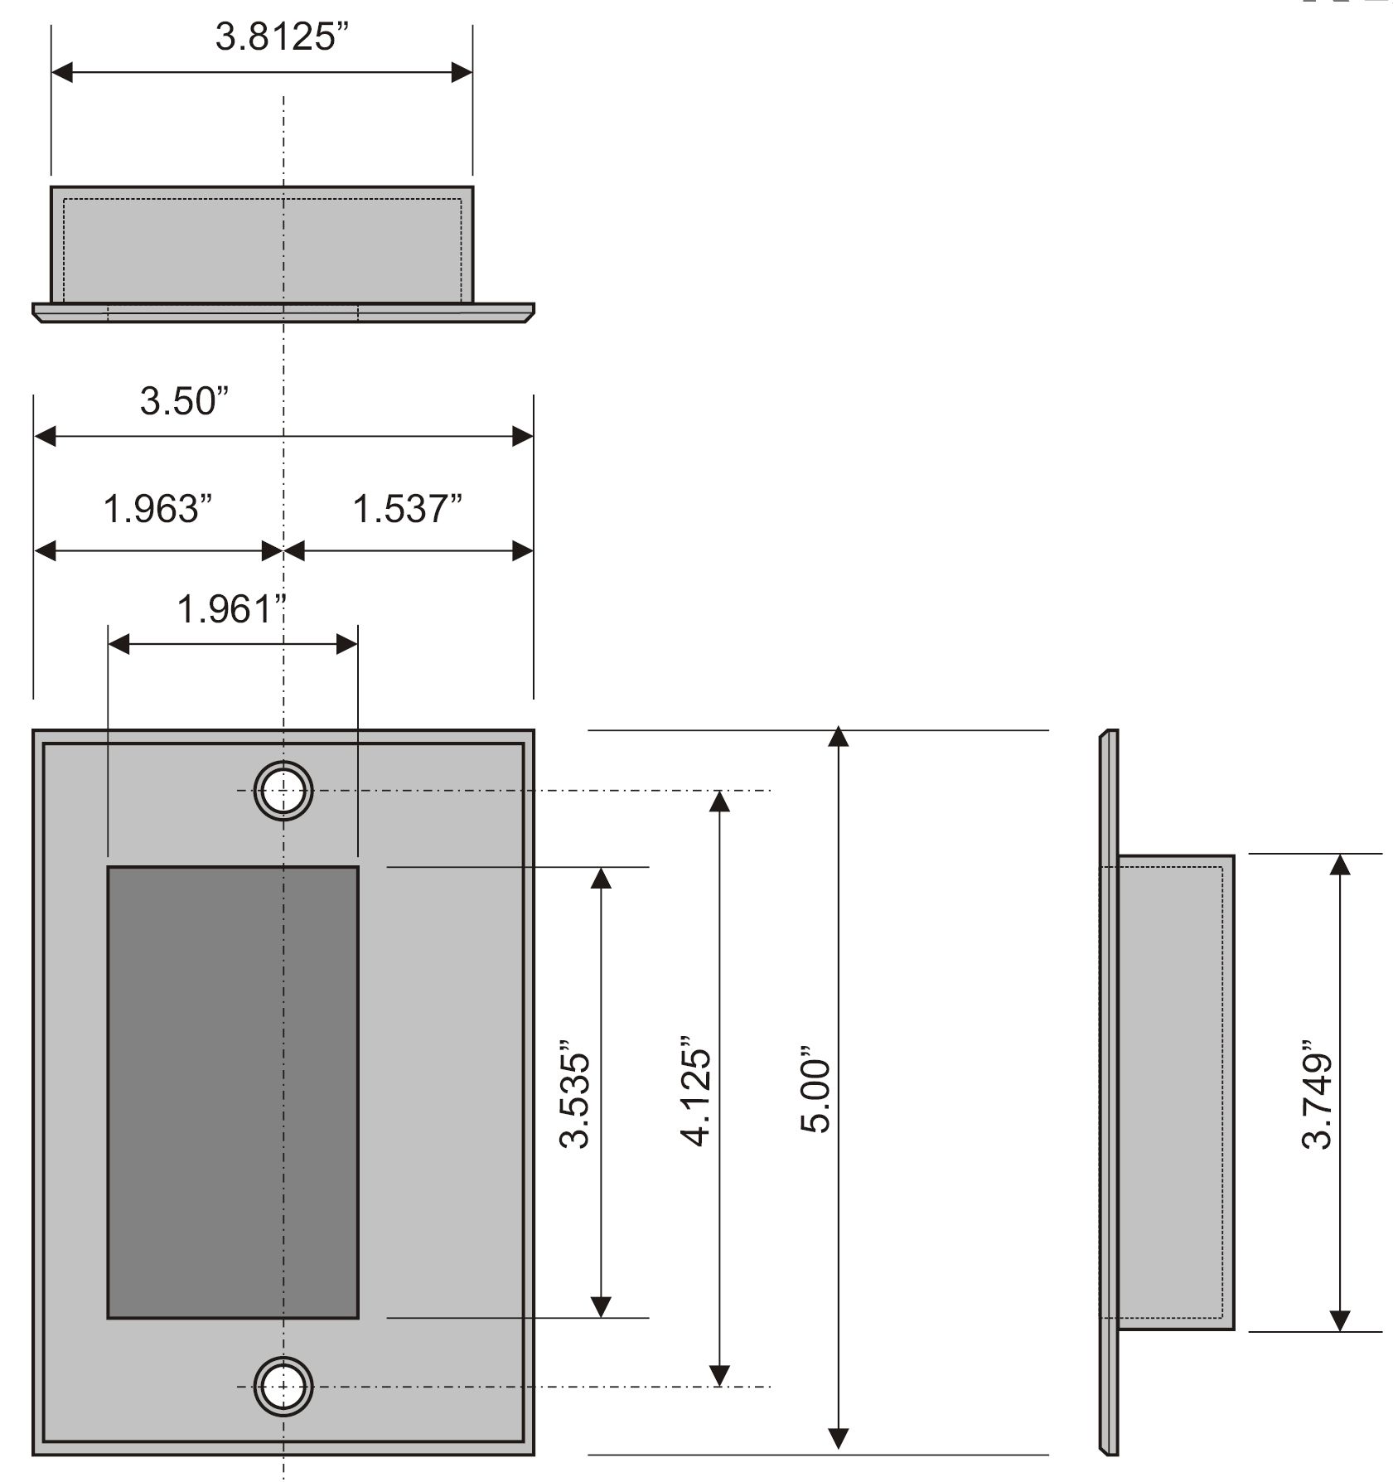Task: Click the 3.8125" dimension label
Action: (282, 38)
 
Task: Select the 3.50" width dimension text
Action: (183, 401)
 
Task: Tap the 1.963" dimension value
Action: (157, 509)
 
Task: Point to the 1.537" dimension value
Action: (407, 509)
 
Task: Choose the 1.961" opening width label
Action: (231, 609)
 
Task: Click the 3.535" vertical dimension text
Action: (574, 1092)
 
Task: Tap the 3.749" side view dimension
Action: (1316, 1092)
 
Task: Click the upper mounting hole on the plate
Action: (283, 791)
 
